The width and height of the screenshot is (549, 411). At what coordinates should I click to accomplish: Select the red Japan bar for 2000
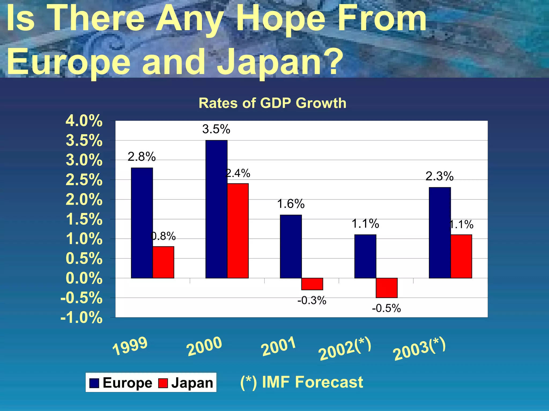[x=238, y=231]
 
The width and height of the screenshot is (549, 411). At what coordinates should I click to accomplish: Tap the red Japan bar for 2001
[x=312, y=284]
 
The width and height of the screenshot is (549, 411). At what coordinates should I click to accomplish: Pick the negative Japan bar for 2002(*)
[x=387, y=288]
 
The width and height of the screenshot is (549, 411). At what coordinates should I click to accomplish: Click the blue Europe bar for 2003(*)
[x=440, y=233]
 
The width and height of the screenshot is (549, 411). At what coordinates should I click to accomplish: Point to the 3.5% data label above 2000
[x=216, y=129]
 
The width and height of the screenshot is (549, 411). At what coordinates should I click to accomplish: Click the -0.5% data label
[x=386, y=308]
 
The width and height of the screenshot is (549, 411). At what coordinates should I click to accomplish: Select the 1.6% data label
[x=291, y=204]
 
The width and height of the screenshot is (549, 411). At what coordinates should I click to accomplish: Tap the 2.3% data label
[x=439, y=176]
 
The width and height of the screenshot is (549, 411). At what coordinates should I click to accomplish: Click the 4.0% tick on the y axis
[x=84, y=121]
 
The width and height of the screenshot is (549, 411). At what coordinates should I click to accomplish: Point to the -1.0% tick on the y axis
[x=81, y=318]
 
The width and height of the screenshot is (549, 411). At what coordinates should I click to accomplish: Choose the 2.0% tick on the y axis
[x=84, y=200]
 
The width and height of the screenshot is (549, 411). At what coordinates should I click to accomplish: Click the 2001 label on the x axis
[x=278, y=347]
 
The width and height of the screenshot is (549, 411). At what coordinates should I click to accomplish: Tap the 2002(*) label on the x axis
[x=345, y=349]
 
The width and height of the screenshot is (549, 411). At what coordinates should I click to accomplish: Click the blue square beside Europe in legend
[x=94, y=383]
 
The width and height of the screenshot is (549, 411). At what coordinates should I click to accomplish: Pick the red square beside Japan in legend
[x=163, y=383]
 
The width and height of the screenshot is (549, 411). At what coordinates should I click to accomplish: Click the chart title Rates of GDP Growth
[x=272, y=103]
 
